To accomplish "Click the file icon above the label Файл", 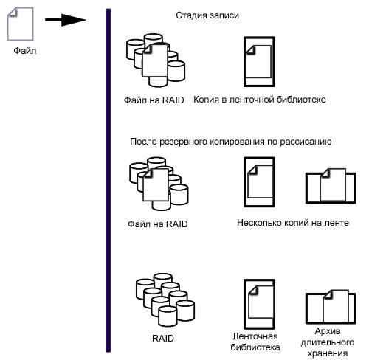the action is (x=21, y=24).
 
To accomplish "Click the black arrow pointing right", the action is (x=66, y=20).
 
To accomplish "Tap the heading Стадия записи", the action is (x=207, y=15).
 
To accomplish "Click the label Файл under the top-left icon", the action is (x=25, y=51).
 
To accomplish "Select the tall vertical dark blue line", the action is (x=108, y=181).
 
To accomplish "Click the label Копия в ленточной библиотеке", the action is (x=260, y=100).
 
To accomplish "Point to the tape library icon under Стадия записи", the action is (x=259, y=62).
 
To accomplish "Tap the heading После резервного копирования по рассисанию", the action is (x=231, y=142).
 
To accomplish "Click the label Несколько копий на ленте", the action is (x=293, y=223).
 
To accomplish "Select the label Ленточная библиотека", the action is (x=255, y=342).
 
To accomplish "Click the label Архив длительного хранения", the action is (x=328, y=342).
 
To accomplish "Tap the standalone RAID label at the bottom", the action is (x=163, y=339).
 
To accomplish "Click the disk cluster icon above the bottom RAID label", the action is (x=165, y=300).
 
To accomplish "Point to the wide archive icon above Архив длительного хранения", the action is (x=331, y=307).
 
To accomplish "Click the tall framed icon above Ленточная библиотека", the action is (x=259, y=304).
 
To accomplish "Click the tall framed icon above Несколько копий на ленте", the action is (x=259, y=182).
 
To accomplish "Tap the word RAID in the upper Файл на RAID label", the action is (x=173, y=100).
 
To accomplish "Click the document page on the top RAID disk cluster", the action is (x=155, y=60).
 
